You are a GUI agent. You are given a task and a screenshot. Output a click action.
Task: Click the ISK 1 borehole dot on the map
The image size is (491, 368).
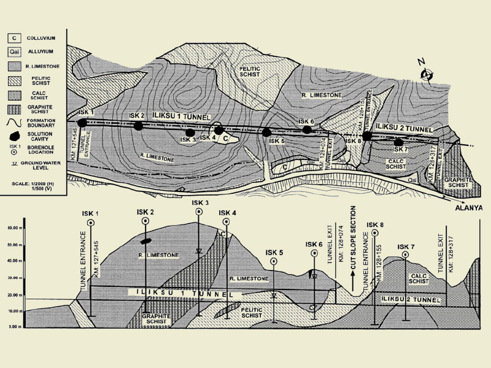coord(82,123)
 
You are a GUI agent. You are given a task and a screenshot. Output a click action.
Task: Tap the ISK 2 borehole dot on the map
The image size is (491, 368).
coord(138,126)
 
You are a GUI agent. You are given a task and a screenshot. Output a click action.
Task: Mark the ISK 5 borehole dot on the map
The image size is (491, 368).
coord(266,132)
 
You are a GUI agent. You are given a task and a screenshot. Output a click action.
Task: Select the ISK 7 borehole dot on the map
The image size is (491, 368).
coord(399,142)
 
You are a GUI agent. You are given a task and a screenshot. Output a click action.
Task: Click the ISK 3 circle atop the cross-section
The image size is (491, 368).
coord(199,212)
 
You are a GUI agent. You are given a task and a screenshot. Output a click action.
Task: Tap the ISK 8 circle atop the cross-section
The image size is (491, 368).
coord(374,233)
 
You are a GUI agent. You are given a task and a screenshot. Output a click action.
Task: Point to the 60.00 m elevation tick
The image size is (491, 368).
coord(13,227)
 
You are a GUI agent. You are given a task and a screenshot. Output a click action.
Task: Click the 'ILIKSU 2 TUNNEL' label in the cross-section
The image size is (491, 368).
coord(411,299)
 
